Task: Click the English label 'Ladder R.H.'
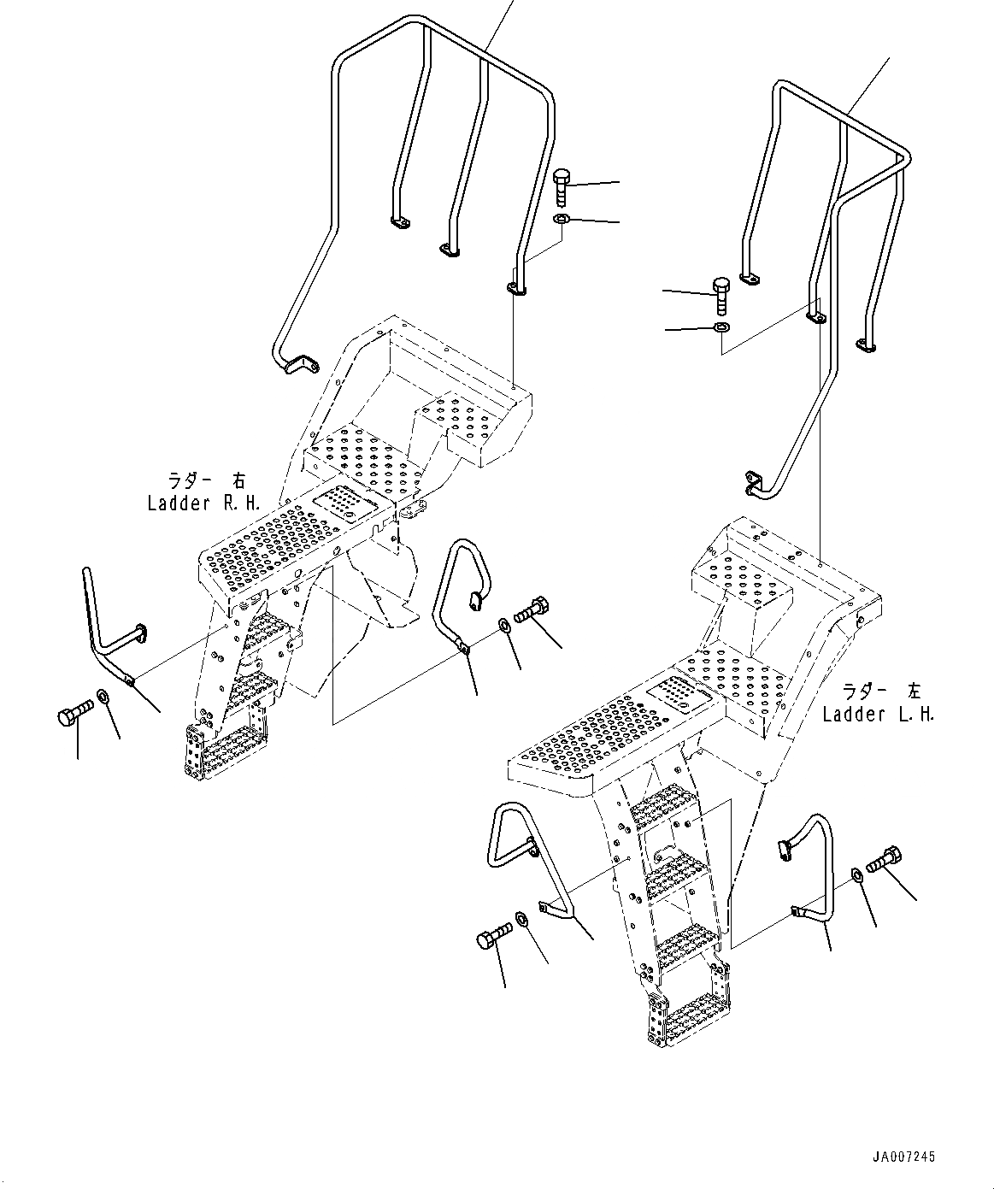(203, 503)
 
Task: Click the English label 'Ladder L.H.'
(878, 715)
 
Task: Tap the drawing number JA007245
(903, 1157)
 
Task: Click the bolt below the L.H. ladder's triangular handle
(491, 940)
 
